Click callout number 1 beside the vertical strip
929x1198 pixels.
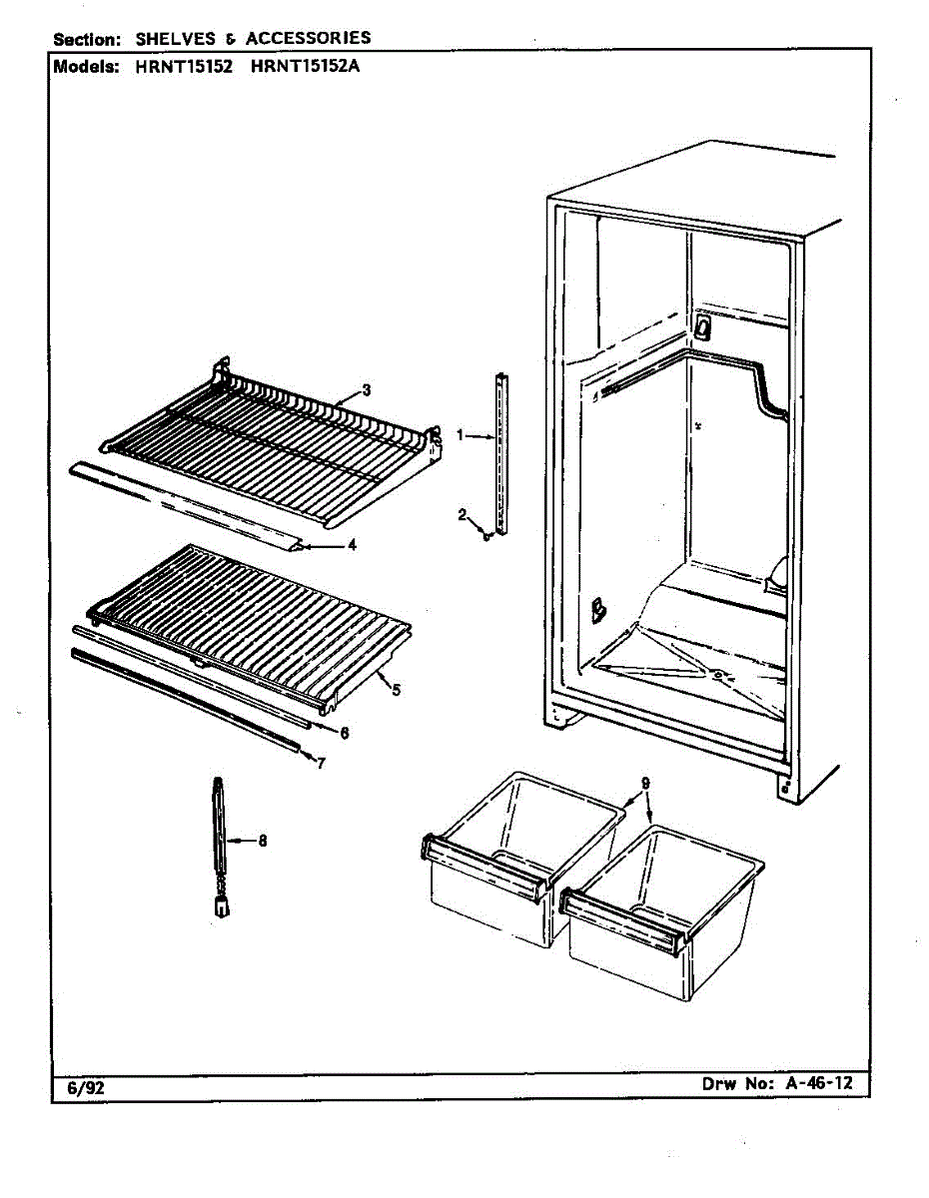(461, 434)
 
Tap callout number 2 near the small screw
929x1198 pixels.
(463, 515)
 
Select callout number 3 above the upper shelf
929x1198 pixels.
(367, 390)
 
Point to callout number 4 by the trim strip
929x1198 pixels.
(351, 545)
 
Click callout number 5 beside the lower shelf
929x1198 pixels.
(397, 690)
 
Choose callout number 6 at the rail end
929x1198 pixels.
(343, 733)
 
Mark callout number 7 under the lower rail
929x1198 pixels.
(320, 764)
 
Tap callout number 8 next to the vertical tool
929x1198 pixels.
(262, 841)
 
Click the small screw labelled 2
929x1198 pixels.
(486, 535)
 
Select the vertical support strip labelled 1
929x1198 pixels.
(501, 449)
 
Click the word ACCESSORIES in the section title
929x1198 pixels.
(308, 39)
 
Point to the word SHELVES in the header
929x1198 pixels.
(178, 39)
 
